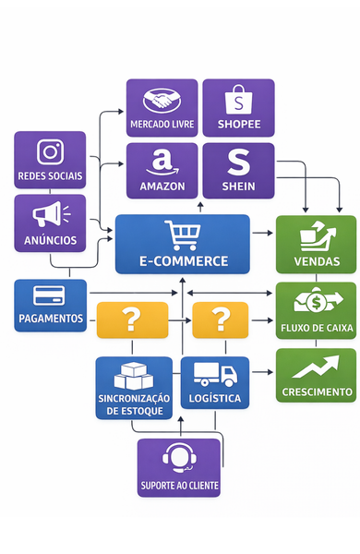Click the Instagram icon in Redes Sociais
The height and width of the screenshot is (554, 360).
click(x=50, y=152)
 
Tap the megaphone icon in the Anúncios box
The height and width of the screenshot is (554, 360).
click(x=50, y=216)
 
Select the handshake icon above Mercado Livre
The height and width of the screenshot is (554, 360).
click(x=162, y=101)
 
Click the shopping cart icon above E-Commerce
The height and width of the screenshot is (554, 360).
click(x=181, y=235)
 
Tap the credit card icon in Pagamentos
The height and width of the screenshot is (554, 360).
click(x=49, y=296)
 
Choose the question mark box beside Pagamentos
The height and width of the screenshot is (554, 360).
click(x=132, y=319)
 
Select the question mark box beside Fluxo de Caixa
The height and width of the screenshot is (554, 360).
click(x=221, y=319)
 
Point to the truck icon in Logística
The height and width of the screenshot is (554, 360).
click(x=214, y=376)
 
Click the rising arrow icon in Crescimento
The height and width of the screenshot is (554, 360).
click(x=315, y=367)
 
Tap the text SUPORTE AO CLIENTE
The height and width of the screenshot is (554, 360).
click(x=179, y=485)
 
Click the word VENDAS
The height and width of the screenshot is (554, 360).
click(x=315, y=261)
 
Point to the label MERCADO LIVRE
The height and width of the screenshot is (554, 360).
click(x=162, y=124)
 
